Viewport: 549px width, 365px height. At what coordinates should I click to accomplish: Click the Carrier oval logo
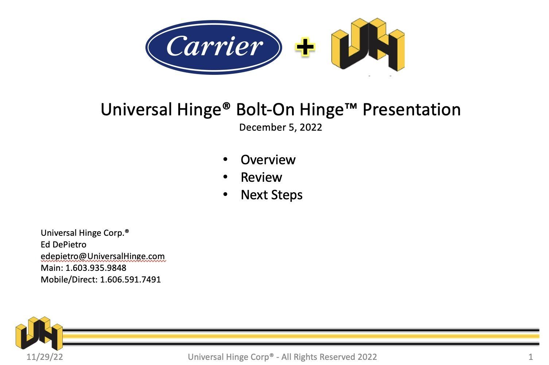(x=214, y=47)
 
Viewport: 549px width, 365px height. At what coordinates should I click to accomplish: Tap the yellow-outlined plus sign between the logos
(x=305, y=47)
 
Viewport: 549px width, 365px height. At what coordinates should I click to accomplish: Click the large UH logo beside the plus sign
(x=368, y=45)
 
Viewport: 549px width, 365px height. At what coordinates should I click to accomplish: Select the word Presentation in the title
(x=412, y=109)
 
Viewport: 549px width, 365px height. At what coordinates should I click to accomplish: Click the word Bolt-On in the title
(x=265, y=109)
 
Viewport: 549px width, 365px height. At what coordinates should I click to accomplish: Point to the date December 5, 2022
(x=280, y=127)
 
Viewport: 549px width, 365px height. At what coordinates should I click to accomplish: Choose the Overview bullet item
(x=268, y=160)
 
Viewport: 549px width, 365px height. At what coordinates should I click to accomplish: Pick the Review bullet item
(x=261, y=177)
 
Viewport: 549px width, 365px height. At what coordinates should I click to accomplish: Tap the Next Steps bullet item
(x=272, y=195)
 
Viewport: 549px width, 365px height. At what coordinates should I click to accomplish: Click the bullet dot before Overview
(x=225, y=160)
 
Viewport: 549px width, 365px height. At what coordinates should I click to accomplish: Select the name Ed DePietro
(x=63, y=245)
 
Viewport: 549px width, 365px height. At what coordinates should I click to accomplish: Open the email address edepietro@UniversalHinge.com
(x=103, y=256)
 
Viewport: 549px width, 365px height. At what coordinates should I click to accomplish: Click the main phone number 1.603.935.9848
(x=96, y=268)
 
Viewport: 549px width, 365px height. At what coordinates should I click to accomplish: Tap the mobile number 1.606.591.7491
(x=131, y=280)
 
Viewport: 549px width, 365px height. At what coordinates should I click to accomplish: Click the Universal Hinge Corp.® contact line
(x=85, y=233)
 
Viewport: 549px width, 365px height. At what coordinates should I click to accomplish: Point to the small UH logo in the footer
(x=39, y=333)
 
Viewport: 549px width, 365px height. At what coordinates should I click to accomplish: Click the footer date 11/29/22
(x=44, y=357)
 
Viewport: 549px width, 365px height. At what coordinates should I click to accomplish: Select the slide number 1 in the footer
(x=531, y=357)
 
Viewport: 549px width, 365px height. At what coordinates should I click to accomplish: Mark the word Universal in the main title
(x=136, y=109)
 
